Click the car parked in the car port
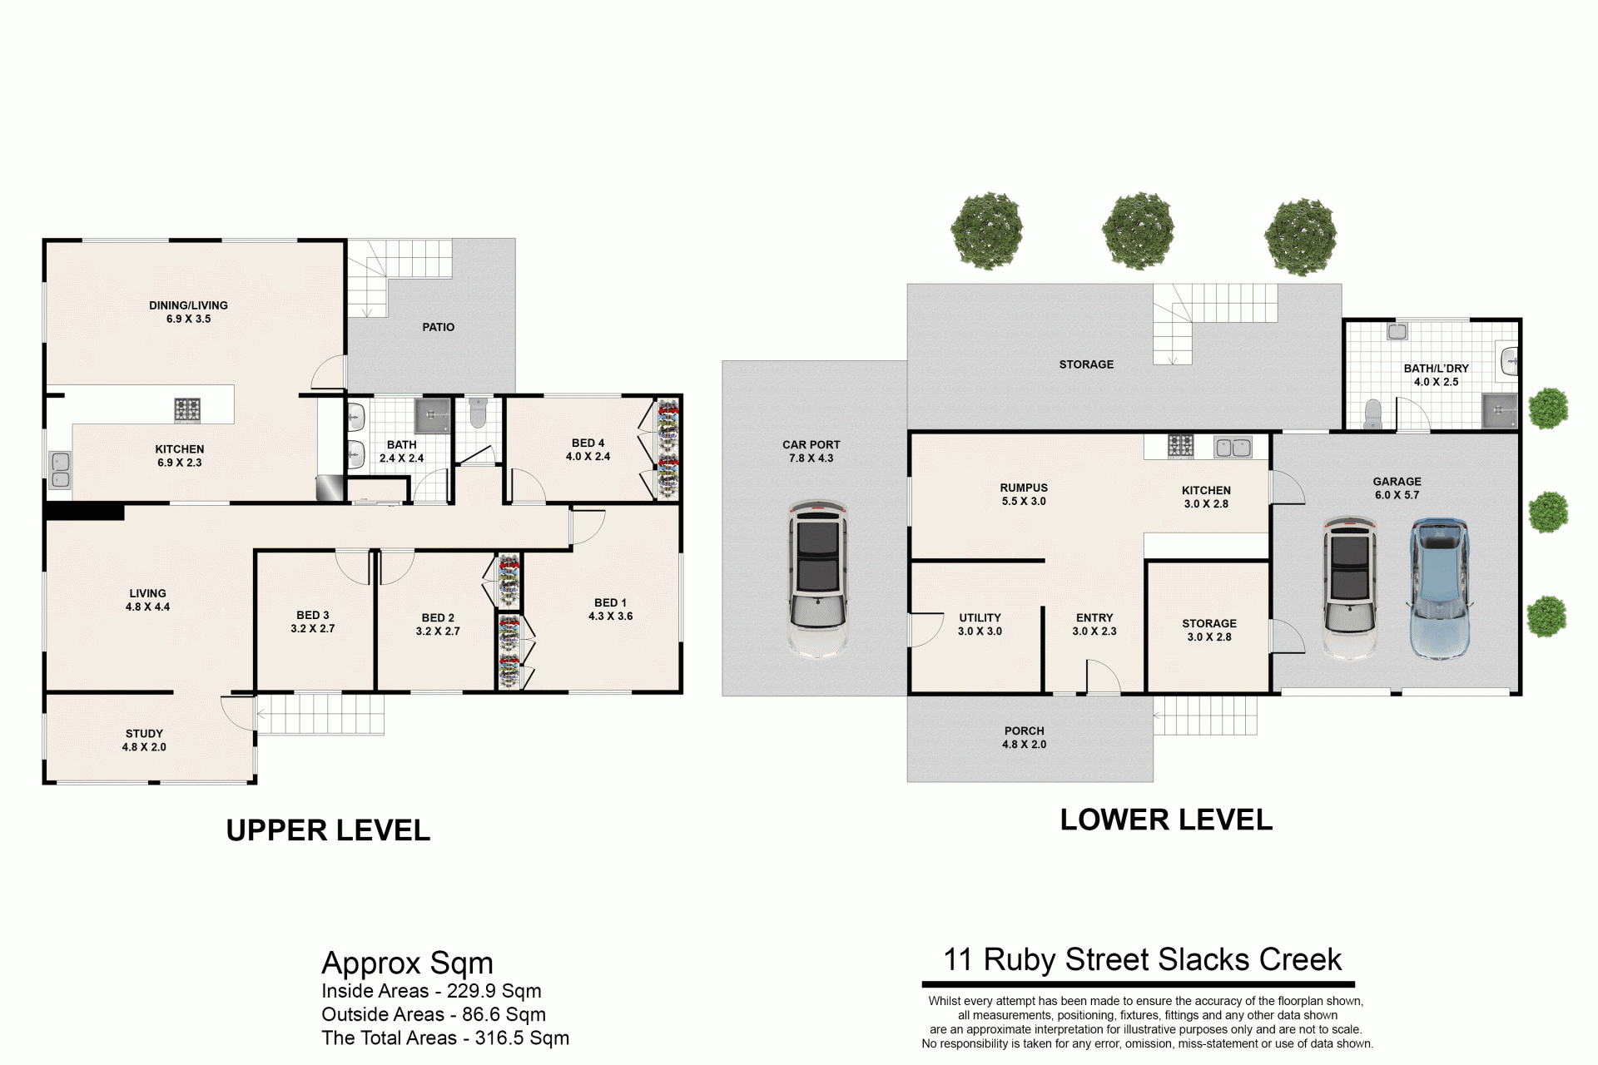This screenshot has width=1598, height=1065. point(818,579)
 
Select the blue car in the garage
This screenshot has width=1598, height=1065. point(1439,588)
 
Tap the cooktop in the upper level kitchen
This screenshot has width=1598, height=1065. point(187,409)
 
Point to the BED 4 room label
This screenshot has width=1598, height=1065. point(588,443)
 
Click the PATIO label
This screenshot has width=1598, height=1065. point(439,327)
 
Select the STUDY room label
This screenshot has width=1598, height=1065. point(144,734)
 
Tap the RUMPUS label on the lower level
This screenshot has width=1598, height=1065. point(1024,488)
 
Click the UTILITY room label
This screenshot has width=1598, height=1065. point(980,617)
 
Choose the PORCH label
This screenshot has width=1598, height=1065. point(1024,731)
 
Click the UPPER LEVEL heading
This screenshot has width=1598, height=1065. point(328,830)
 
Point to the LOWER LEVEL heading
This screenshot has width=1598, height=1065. point(1166,820)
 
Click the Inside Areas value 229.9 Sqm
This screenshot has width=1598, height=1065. point(494,991)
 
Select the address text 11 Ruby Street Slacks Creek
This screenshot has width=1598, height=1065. point(1142,959)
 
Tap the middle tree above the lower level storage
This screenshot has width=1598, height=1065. point(1138,230)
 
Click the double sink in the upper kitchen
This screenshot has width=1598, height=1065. point(60,469)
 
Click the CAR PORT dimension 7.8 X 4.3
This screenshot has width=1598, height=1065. point(811,458)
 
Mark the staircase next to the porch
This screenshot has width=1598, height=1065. point(1205,715)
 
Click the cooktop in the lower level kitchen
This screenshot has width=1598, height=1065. point(1180,446)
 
